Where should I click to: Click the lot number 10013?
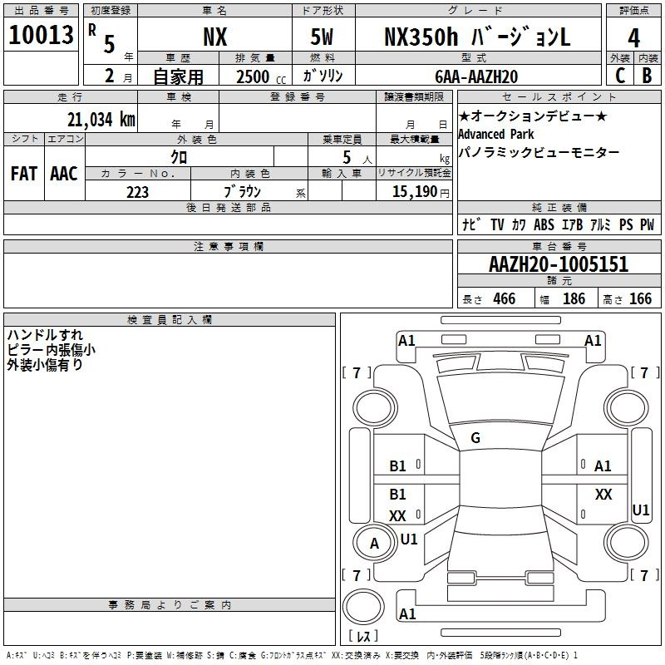pyautogui.click(x=41, y=35)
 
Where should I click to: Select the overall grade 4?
pyautogui.click(x=633, y=38)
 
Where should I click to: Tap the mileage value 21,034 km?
pyautogui.click(x=101, y=120)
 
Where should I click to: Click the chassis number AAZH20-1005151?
pyautogui.click(x=559, y=264)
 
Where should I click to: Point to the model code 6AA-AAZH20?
pyautogui.click(x=476, y=76)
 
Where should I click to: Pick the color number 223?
pyautogui.click(x=137, y=192)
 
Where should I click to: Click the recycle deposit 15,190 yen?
pyautogui.click(x=421, y=192)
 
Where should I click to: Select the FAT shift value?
pyautogui.click(x=24, y=174)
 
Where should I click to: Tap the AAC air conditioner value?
pyautogui.click(x=64, y=174)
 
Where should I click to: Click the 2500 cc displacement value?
pyautogui.click(x=261, y=76)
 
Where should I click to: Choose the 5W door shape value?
pyautogui.click(x=322, y=37)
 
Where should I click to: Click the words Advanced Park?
pyautogui.click(x=495, y=134)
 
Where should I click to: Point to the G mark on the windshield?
pyautogui.click(x=475, y=438)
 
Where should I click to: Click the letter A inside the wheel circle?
pyautogui.click(x=374, y=544)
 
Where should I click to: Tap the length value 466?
pyautogui.click(x=505, y=298)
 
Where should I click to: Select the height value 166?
pyautogui.click(x=640, y=298)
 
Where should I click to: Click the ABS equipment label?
pyautogui.click(x=544, y=224)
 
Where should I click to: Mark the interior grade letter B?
pyautogui.click(x=647, y=76)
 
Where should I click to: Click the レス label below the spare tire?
pyautogui.click(x=363, y=636)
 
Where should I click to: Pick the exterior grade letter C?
pyautogui.click(x=620, y=76)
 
